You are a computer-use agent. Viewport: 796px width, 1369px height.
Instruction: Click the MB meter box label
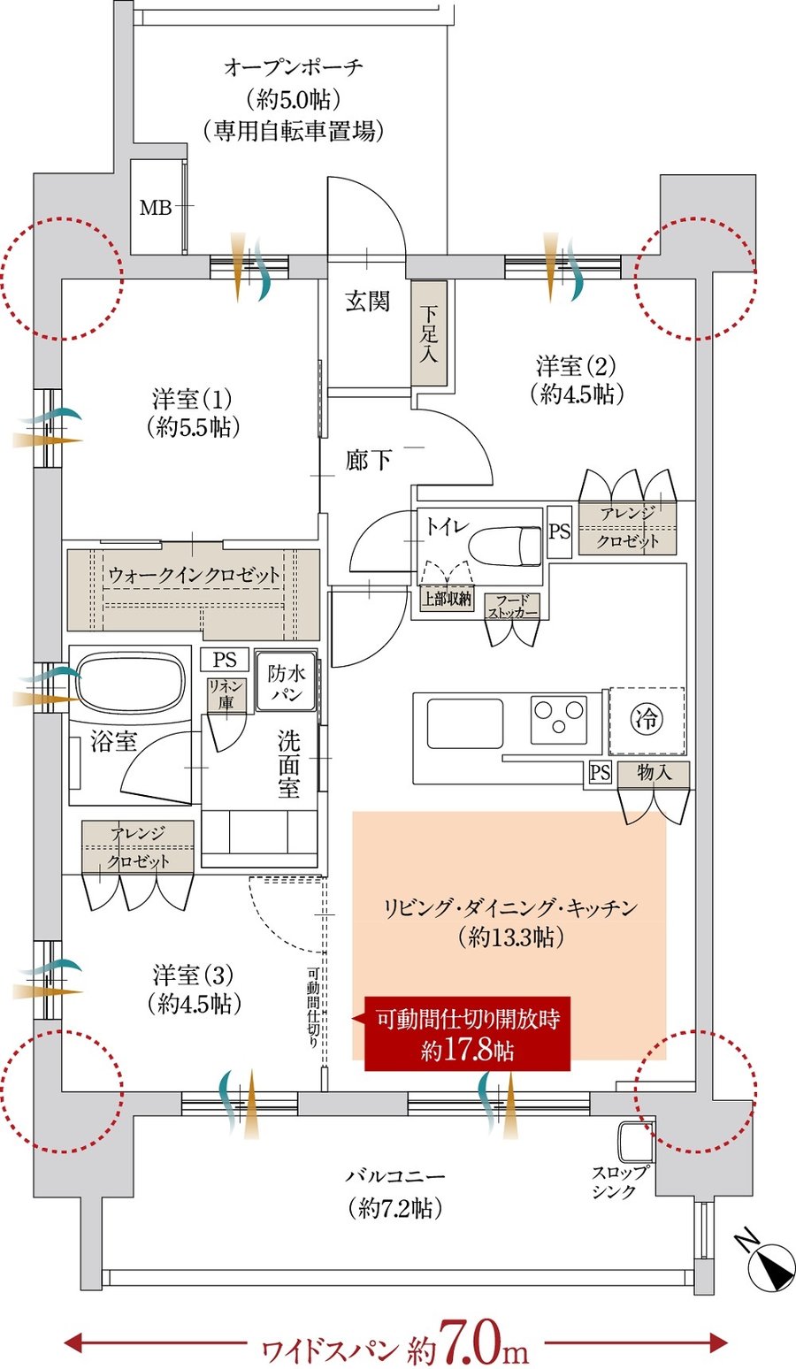(156, 209)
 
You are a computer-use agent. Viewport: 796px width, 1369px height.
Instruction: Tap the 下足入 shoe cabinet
(429, 333)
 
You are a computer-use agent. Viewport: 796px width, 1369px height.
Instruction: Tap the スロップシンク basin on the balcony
(636, 1143)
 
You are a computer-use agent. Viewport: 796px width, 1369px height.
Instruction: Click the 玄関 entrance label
(367, 302)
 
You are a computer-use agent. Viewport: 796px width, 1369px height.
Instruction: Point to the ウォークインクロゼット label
(195, 575)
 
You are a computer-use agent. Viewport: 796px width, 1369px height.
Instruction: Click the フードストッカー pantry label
(512, 606)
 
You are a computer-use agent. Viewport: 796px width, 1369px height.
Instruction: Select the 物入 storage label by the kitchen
(654, 772)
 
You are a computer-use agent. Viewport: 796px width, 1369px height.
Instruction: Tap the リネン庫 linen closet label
(220, 694)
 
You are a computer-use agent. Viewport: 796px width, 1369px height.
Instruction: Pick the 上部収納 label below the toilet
(447, 599)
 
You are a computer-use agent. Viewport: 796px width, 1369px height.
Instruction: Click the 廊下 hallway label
(368, 460)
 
